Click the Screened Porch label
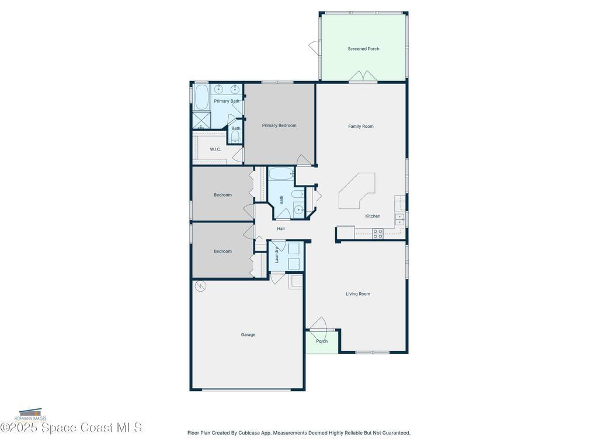[363, 49]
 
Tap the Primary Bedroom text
[279, 125]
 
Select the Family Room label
[360, 127]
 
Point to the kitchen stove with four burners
[378, 233]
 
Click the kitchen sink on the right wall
[400, 219]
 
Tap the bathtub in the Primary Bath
[201, 98]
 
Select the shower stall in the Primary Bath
[200, 120]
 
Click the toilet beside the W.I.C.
[235, 136]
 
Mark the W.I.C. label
[215, 149]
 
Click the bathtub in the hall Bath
[282, 174]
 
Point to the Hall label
[281, 229]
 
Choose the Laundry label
[277, 255]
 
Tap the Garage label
[248, 335]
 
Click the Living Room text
[357, 294]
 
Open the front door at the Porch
[319, 324]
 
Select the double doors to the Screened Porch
[363, 77]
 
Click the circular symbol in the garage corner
[200, 286]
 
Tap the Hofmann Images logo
[30, 415]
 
